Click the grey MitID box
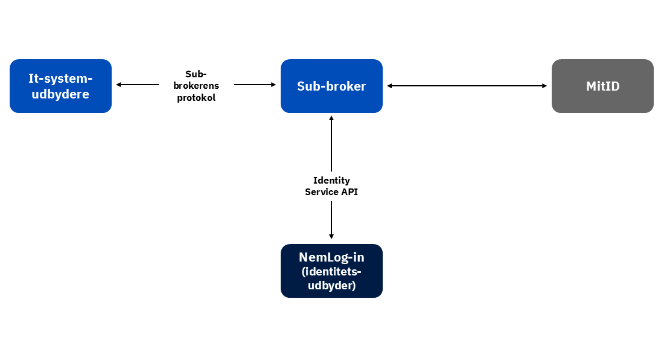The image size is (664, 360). tap(602, 86)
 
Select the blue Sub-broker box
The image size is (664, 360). tap(331, 86)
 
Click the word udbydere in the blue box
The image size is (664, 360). tap(60, 95)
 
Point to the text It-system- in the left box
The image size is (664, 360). tap(60, 78)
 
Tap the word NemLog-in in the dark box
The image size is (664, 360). tap(331, 257)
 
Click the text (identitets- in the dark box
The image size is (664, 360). tap(331, 272)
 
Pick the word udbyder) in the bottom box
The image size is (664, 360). tap(331, 285)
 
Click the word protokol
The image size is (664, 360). tap(196, 97)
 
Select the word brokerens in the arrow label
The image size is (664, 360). tap(196, 85)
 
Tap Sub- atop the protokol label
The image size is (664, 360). tap(196, 73)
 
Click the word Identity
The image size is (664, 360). tap(331, 180)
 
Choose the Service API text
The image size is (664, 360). tap(331, 192)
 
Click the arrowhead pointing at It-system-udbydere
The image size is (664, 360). tap(119, 85)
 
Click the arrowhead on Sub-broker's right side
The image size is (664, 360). tap(390, 86)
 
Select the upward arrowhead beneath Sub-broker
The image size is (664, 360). tap(331, 119)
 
